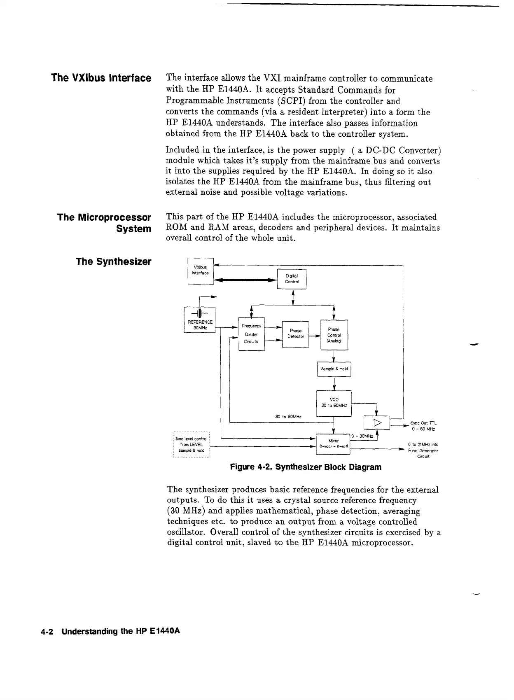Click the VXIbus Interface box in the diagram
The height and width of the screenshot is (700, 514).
point(201,271)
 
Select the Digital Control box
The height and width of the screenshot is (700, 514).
point(292,279)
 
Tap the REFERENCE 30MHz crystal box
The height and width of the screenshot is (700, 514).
point(200,320)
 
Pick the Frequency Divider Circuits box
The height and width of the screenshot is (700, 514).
point(251,334)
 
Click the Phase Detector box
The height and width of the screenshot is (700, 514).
point(295,334)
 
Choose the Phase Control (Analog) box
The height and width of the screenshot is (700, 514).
point(334,335)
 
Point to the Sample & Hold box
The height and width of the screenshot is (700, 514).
point(334,369)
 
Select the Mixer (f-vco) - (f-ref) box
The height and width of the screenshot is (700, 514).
point(333,444)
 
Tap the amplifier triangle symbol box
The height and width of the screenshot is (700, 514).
point(377,423)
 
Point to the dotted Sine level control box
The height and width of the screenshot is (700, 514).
point(192,444)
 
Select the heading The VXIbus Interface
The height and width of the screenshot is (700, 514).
point(101,78)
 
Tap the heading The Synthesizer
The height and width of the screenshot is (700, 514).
point(113,261)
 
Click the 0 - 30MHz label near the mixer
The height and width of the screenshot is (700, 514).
point(362,436)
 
